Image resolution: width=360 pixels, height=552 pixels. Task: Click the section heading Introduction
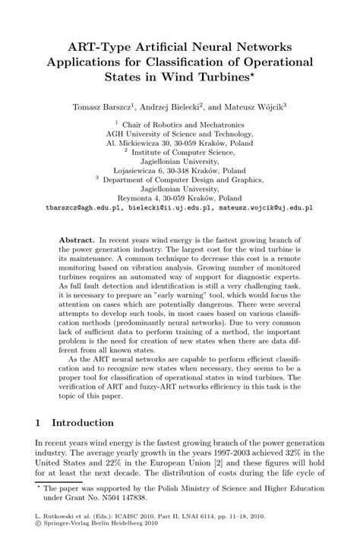tap(82, 421)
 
